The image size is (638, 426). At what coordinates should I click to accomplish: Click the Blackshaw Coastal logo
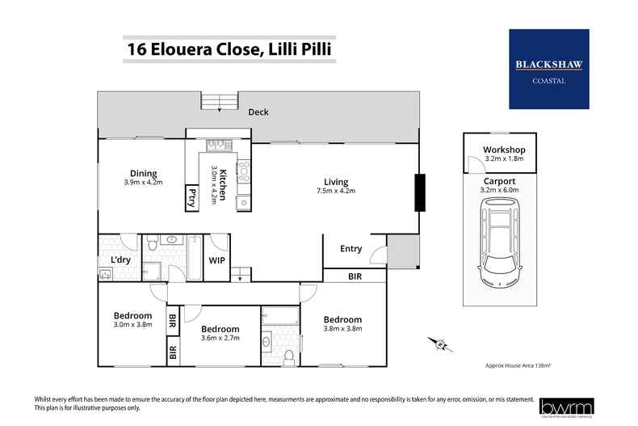[548, 69]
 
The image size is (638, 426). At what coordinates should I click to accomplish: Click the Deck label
[258, 112]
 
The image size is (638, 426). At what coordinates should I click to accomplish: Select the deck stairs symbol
[213, 102]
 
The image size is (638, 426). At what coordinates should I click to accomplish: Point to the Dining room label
[143, 173]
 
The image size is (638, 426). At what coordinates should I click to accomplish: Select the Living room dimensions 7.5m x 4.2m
[335, 191]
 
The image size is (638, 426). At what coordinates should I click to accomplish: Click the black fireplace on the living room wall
[419, 192]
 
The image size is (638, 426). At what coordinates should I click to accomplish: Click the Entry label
[350, 249]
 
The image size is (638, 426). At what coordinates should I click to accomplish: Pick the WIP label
[216, 261]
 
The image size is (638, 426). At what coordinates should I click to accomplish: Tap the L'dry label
[121, 259]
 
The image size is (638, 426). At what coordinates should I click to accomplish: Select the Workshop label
[504, 150]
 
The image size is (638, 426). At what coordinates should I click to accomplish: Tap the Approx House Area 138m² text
[517, 365]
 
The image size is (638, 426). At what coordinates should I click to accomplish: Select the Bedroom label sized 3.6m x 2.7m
[220, 329]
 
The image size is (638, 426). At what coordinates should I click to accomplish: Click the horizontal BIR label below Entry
[355, 276]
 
